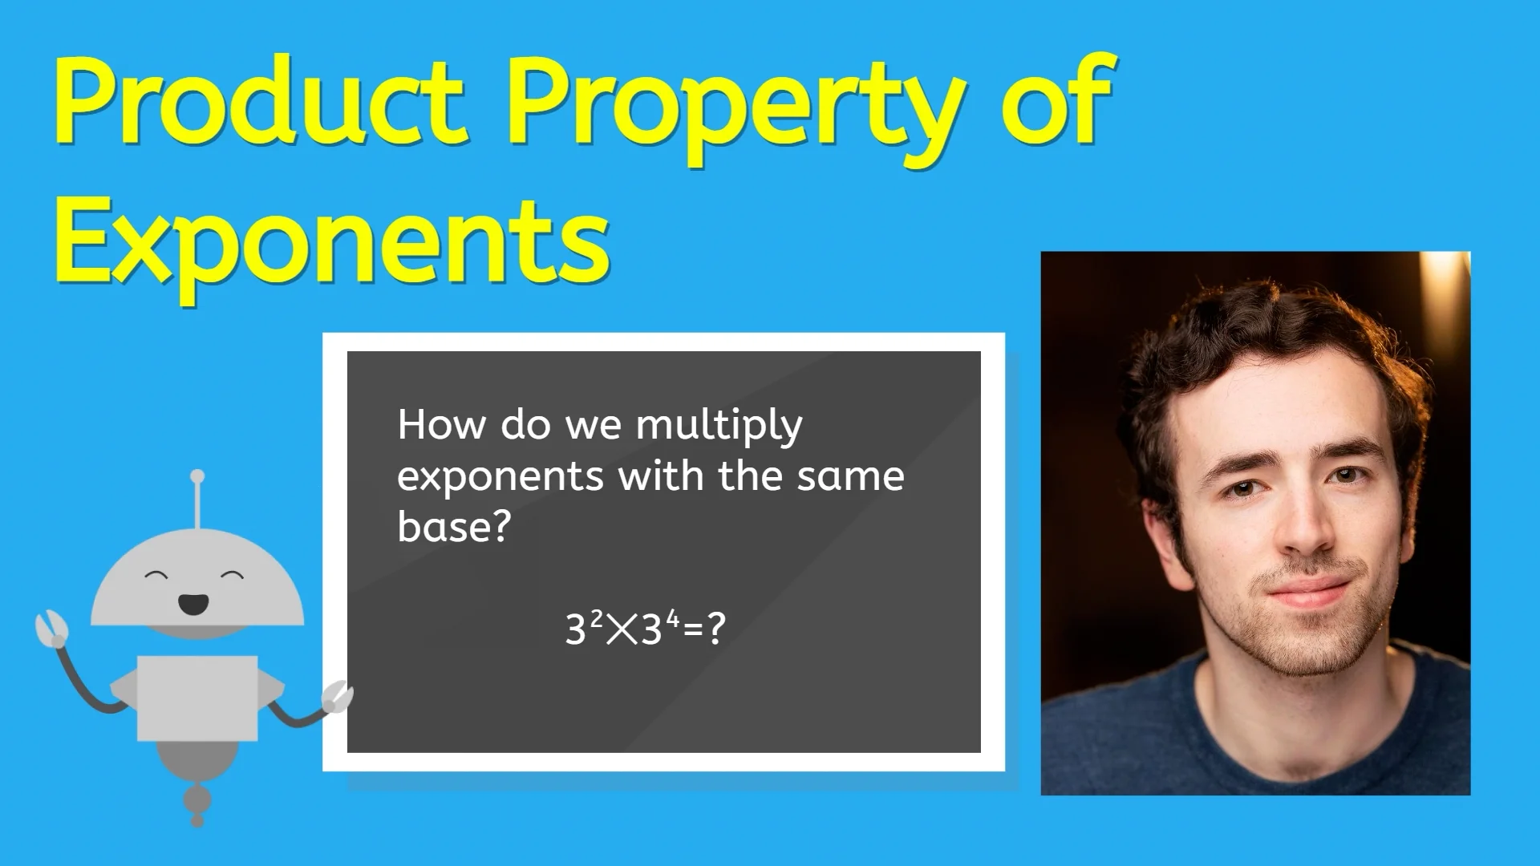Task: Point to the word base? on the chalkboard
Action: pyautogui.click(x=454, y=527)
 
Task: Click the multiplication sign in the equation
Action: pyautogui.click(x=622, y=629)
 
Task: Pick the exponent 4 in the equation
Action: pyautogui.click(x=672, y=618)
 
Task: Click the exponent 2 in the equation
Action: pyautogui.click(x=596, y=618)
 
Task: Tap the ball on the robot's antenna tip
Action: pyautogui.click(x=197, y=476)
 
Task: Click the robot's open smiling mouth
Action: pyautogui.click(x=193, y=602)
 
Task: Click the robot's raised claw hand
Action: pyautogui.click(x=51, y=628)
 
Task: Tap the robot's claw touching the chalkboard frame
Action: pyautogui.click(x=337, y=696)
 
